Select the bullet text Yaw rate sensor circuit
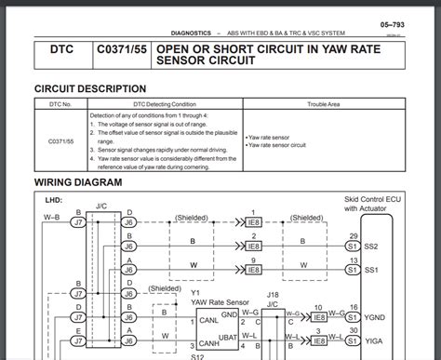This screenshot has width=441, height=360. [x=278, y=145]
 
